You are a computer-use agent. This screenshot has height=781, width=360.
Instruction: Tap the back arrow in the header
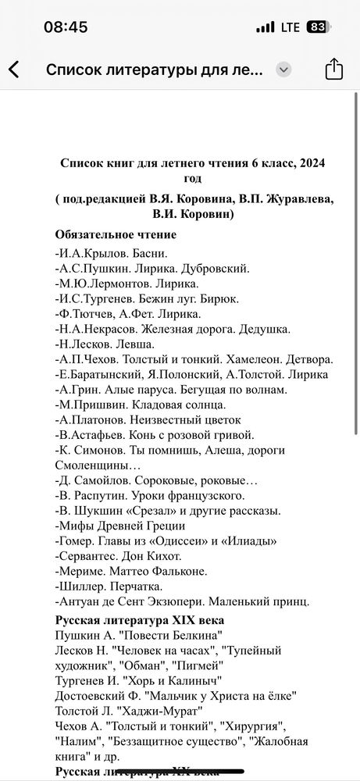click(x=14, y=70)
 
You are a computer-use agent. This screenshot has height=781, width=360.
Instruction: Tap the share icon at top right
click(x=333, y=70)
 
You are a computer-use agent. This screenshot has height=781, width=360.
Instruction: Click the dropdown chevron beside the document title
click(x=283, y=69)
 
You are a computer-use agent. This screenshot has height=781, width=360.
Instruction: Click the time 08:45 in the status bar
click(x=66, y=27)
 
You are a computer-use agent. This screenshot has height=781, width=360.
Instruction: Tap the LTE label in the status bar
click(x=290, y=27)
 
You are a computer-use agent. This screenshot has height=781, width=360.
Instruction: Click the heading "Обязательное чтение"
click(x=116, y=234)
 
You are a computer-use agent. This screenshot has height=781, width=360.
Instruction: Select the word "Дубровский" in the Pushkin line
click(x=211, y=268)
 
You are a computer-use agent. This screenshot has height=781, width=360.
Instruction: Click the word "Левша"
click(x=135, y=343)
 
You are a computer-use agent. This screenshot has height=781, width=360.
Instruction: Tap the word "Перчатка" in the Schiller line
click(x=136, y=586)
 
